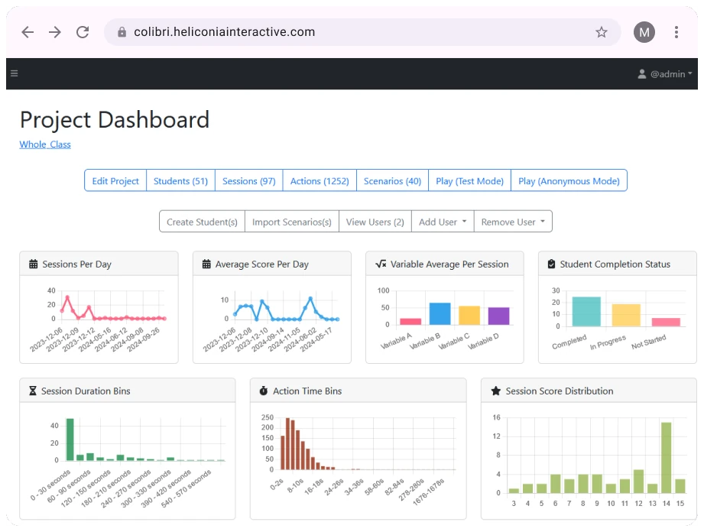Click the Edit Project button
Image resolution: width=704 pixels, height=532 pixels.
(115, 181)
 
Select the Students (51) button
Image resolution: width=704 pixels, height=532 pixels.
(180, 181)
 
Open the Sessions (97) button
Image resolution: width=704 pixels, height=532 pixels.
(249, 181)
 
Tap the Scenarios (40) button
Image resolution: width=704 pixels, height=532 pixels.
(392, 181)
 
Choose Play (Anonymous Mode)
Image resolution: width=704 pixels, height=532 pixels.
(569, 181)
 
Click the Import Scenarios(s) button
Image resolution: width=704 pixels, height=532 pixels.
(292, 222)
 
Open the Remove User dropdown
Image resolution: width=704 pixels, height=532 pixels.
(513, 222)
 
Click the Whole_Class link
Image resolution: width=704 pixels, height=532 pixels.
(45, 144)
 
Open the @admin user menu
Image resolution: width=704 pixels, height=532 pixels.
(665, 74)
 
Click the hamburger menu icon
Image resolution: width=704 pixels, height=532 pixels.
(14, 74)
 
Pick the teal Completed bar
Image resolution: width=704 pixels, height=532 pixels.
(586, 312)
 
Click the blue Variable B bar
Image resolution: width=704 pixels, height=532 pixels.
(440, 314)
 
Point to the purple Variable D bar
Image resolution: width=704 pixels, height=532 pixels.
(498, 316)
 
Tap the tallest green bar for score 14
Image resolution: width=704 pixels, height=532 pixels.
(666, 457)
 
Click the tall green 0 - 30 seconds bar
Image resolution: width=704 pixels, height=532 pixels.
(70, 440)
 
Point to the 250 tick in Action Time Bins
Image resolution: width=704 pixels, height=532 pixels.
(268, 417)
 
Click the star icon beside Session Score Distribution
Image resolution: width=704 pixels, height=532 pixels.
(495, 391)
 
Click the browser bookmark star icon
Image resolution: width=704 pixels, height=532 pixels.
(602, 32)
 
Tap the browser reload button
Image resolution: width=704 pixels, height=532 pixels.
(83, 32)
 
